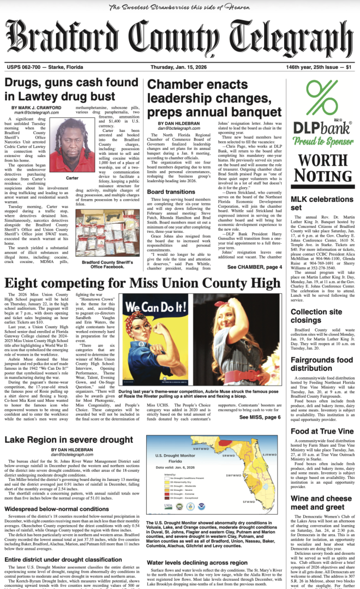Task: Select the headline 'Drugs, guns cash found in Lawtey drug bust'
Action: click(x=72, y=89)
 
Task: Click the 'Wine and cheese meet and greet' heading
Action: click(x=319, y=507)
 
